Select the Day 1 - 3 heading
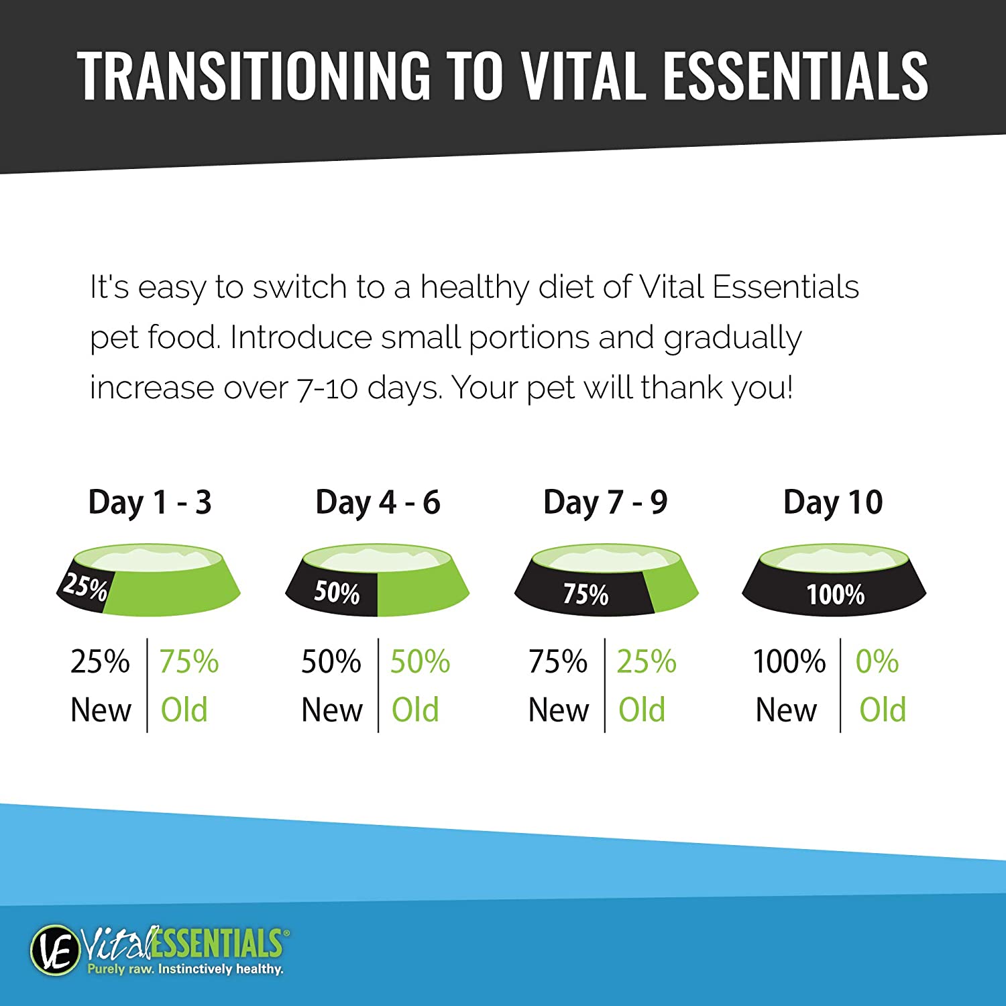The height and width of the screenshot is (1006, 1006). (x=150, y=502)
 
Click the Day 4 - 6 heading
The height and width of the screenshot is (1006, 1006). (x=378, y=502)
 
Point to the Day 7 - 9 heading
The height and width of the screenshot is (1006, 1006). (x=605, y=502)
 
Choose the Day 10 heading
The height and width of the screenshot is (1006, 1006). (x=833, y=502)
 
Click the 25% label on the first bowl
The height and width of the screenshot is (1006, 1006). (x=85, y=587)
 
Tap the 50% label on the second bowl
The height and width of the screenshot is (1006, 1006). (x=337, y=593)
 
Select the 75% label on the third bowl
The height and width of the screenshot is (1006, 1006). (x=585, y=594)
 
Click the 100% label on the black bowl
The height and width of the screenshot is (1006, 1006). (x=835, y=595)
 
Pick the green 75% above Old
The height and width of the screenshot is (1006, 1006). (x=188, y=662)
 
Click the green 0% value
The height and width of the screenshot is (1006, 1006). (x=877, y=662)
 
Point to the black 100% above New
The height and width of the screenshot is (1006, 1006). (x=789, y=662)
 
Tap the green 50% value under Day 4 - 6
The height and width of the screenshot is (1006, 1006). (x=420, y=662)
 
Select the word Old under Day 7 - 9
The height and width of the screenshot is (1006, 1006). (x=642, y=710)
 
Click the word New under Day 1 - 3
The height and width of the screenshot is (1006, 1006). (x=101, y=710)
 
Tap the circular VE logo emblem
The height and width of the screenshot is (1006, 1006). (x=54, y=949)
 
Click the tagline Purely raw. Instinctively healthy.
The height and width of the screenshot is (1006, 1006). (x=185, y=969)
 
